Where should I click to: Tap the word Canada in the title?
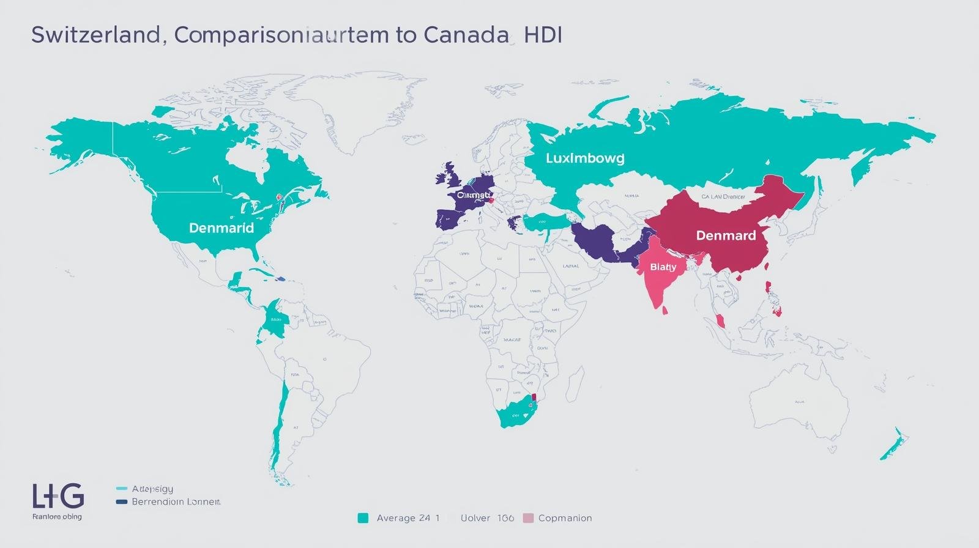[466, 35]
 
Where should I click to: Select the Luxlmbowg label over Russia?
[585, 158]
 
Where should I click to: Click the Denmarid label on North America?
[221, 228]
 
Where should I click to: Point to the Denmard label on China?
[726, 235]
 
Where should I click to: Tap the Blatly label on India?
[663, 267]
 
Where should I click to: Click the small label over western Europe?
[474, 195]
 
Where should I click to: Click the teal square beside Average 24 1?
[363, 518]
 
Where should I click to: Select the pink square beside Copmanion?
[529, 518]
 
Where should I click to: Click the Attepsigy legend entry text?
[152, 489]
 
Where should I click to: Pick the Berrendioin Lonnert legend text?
[176, 502]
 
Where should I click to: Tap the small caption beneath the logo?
[56, 517]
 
